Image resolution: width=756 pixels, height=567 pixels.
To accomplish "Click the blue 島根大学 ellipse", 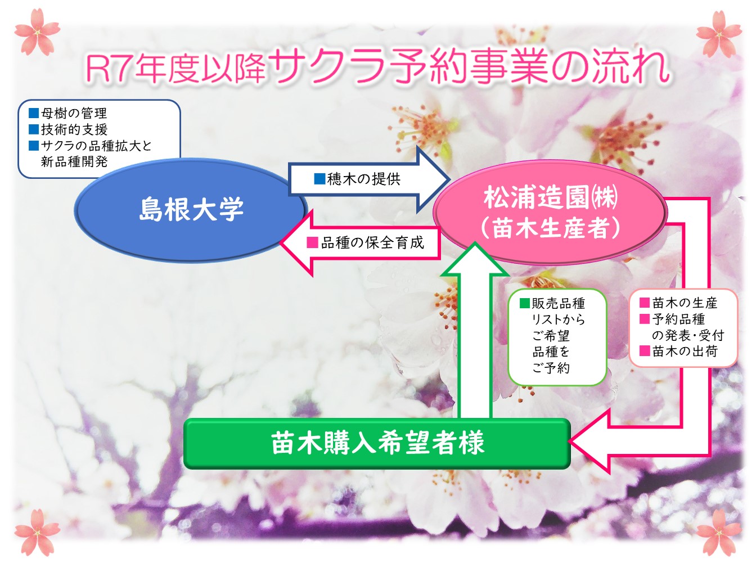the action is click(x=191, y=210).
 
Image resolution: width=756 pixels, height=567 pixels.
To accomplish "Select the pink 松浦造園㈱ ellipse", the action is click(x=550, y=212).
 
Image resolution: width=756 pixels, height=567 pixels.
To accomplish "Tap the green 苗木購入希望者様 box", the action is click(x=377, y=443).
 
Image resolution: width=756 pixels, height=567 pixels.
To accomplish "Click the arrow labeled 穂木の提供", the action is click(x=369, y=179).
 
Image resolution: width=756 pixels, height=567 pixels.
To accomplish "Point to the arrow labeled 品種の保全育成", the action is click(x=360, y=242).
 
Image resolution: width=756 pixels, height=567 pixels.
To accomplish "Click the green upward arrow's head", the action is click(x=475, y=259).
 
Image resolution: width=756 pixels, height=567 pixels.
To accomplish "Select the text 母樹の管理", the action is click(x=74, y=113).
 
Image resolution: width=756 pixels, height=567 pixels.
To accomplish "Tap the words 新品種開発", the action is click(x=74, y=161).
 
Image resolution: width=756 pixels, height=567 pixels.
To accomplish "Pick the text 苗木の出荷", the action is click(x=685, y=352).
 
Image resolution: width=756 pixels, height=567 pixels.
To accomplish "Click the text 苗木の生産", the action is click(x=685, y=303).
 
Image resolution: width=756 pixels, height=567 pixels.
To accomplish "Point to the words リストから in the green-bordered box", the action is click(x=559, y=319).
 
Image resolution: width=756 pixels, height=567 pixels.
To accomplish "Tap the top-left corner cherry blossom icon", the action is click(x=37, y=32).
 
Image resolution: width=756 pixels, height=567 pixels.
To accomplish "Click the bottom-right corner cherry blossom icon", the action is click(x=719, y=533).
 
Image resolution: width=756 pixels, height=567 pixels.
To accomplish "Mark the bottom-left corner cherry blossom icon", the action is click(x=37, y=533).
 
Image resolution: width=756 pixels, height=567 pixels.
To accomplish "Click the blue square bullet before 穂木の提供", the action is click(x=319, y=179).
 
